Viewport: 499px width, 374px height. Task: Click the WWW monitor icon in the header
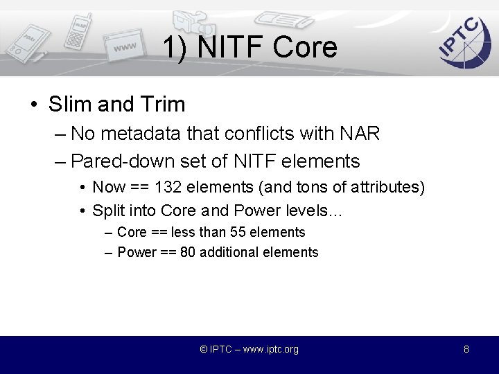click(128, 48)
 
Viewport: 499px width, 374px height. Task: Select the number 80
click(187, 252)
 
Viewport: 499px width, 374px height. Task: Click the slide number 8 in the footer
click(466, 349)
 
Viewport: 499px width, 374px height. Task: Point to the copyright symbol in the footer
click(204, 349)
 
